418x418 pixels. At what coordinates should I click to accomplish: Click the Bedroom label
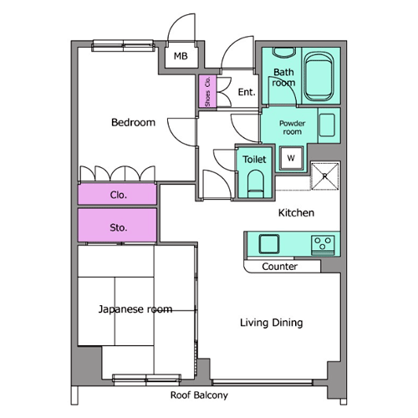133,123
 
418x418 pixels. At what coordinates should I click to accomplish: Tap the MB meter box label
181,56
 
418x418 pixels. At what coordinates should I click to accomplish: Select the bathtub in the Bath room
319,77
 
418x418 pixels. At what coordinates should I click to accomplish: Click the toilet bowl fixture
255,184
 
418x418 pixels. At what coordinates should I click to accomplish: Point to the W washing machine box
291,158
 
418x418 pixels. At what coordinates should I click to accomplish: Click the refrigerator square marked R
324,176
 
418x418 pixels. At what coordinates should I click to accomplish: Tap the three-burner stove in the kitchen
323,245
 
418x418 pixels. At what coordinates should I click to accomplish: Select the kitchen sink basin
269,244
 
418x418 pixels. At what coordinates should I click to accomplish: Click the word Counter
279,267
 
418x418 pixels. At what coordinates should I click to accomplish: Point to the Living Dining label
272,323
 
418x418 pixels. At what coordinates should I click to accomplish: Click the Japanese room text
135,309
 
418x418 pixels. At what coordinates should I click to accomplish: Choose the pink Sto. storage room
117,225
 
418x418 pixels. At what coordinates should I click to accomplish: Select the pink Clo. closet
117,194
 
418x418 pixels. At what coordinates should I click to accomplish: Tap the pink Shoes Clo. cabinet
207,91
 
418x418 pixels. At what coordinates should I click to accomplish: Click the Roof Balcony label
199,395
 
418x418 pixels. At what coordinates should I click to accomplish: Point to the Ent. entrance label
247,92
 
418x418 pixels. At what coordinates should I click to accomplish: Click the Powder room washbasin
327,125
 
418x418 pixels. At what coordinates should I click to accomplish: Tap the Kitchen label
296,213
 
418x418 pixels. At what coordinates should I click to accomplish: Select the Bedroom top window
123,46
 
